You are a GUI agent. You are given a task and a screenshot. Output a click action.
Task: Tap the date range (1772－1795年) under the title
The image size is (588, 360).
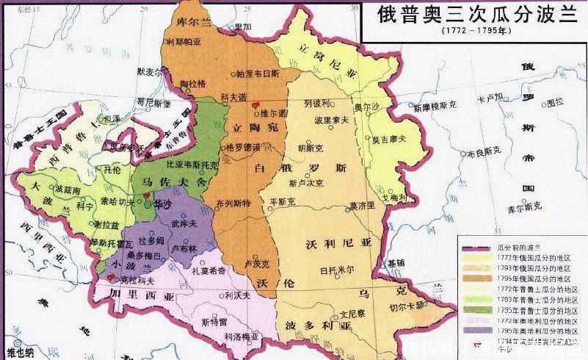(471, 32)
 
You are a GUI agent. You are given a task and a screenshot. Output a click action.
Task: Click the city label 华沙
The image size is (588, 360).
(156, 206)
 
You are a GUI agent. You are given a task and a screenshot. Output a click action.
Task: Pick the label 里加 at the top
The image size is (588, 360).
(243, 26)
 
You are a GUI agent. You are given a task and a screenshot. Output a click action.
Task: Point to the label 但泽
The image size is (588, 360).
(112, 118)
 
